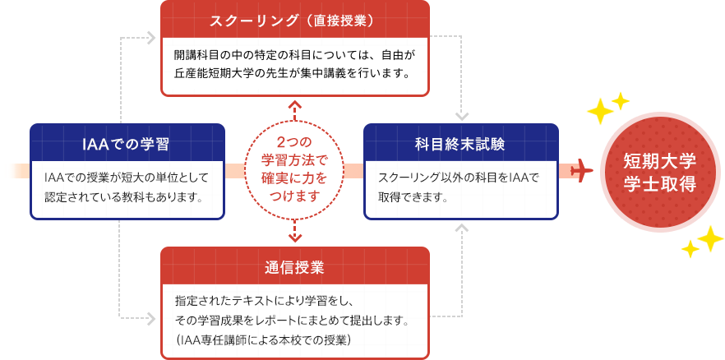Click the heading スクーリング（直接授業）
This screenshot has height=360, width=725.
click(294, 20)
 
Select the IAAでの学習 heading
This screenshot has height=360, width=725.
click(127, 144)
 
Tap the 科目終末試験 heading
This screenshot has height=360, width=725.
click(460, 144)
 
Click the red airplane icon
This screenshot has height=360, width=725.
click(581, 171)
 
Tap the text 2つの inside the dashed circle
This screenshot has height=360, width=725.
click(293, 142)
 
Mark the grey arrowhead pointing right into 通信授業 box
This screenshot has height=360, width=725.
click(150, 316)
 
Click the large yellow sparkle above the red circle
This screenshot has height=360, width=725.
click(601, 109)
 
